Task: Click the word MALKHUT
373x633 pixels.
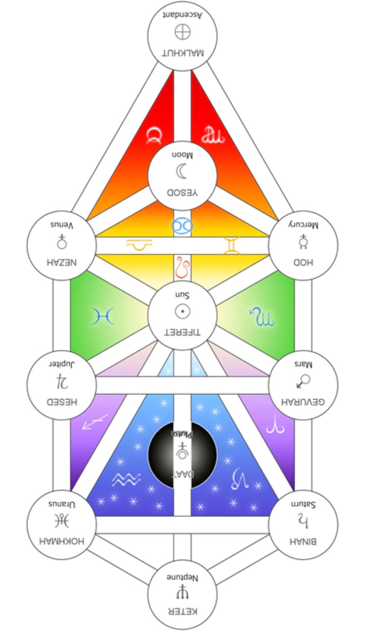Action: (x=183, y=53)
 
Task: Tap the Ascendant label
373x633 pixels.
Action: (x=183, y=15)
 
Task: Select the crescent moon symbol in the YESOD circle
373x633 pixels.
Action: (x=182, y=172)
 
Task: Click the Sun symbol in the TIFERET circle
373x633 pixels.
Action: (x=182, y=312)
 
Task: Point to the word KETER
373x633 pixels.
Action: (x=182, y=611)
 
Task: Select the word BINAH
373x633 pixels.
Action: (x=303, y=541)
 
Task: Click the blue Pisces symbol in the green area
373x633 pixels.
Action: (x=103, y=316)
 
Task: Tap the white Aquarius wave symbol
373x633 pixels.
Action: (x=126, y=480)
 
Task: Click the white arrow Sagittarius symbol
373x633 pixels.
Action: (x=95, y=422)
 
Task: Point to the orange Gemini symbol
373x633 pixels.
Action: (x=231, y=245)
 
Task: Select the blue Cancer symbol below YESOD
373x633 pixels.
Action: (x=182, y=226)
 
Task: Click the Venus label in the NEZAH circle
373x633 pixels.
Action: (x=62, y=225)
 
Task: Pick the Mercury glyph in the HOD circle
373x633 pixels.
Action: (x=303, y=242)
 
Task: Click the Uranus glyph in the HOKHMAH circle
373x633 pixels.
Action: (x=62, y=521)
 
